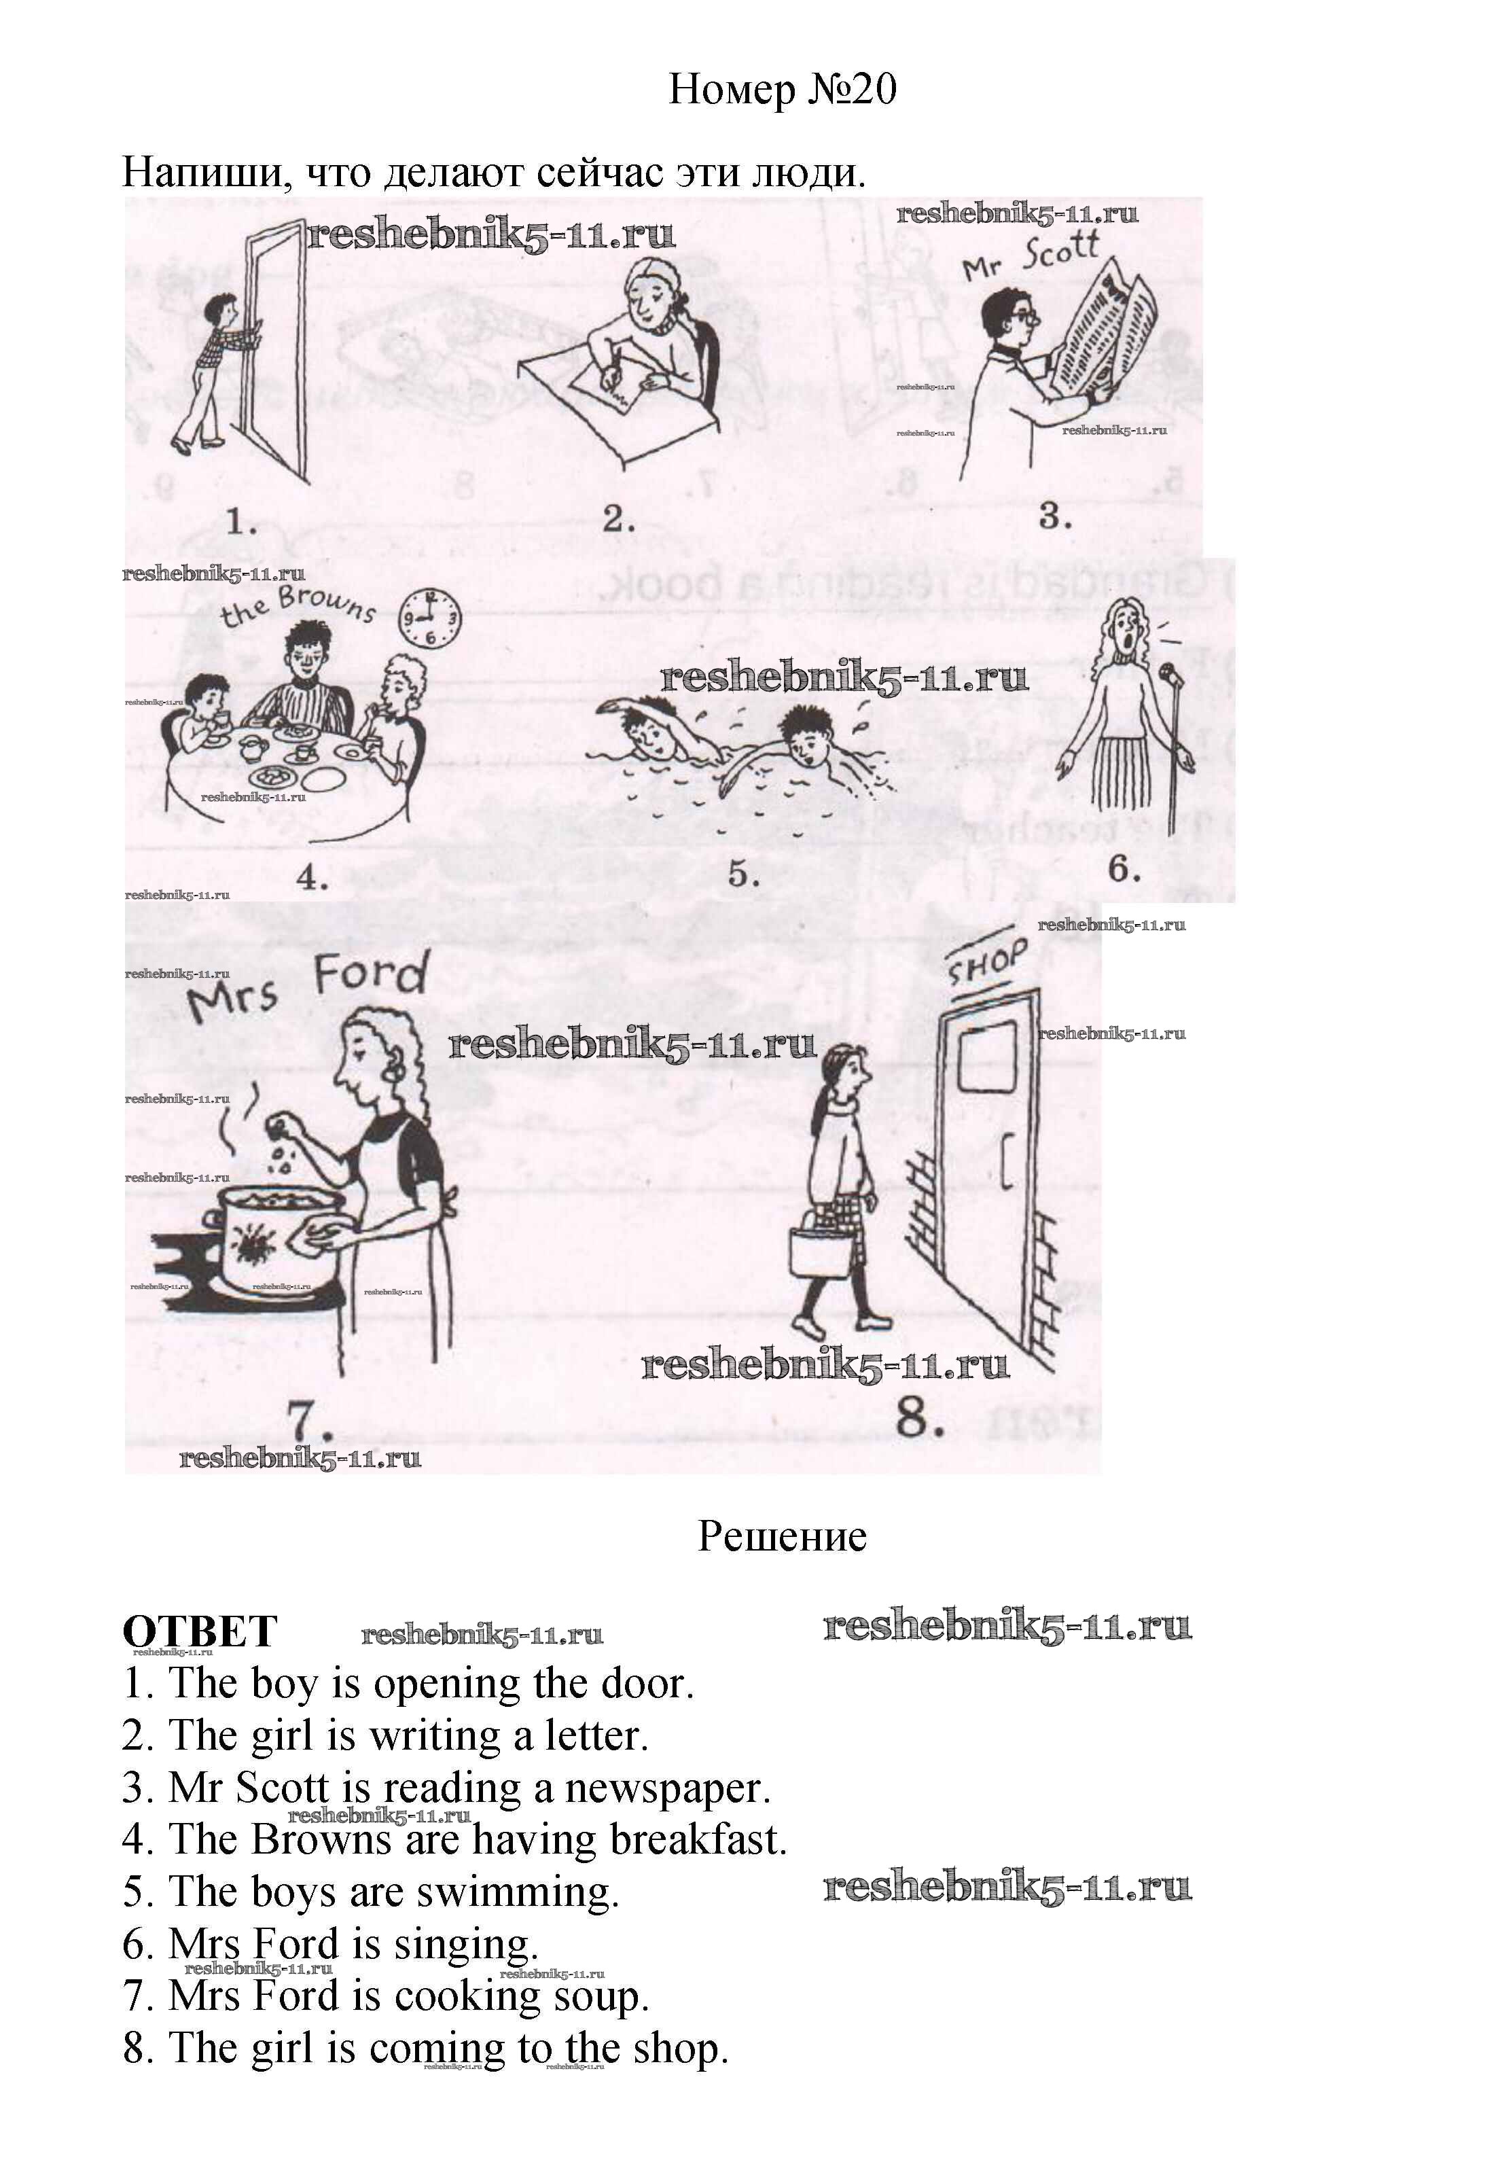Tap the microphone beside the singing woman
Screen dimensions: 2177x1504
[1170, 675]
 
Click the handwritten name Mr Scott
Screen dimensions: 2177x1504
[1031, 256]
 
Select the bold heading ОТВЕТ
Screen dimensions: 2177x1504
[200, 1631]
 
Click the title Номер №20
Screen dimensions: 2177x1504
[781, 90]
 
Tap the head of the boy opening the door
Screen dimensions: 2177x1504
[222, 308]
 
